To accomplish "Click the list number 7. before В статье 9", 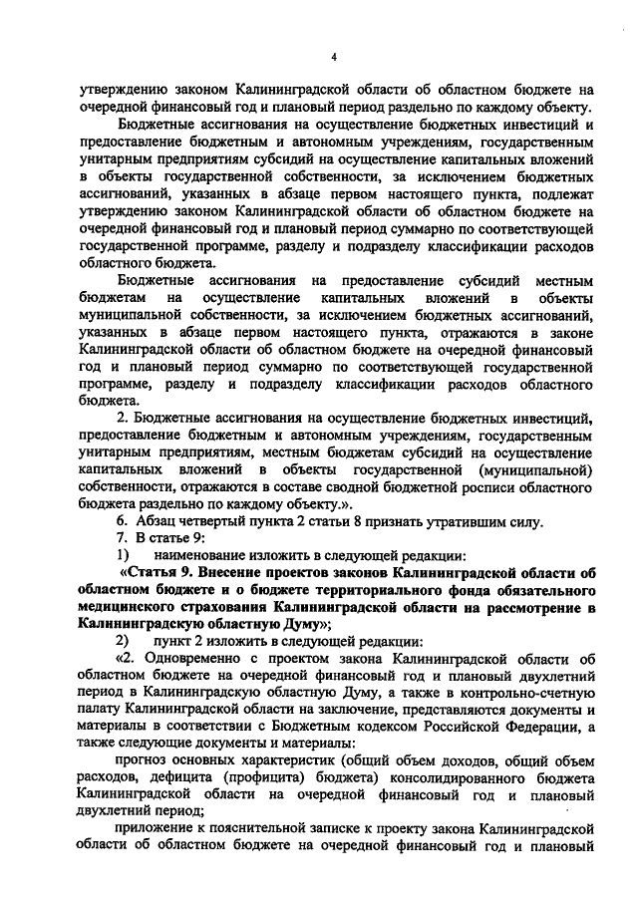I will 123,539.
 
